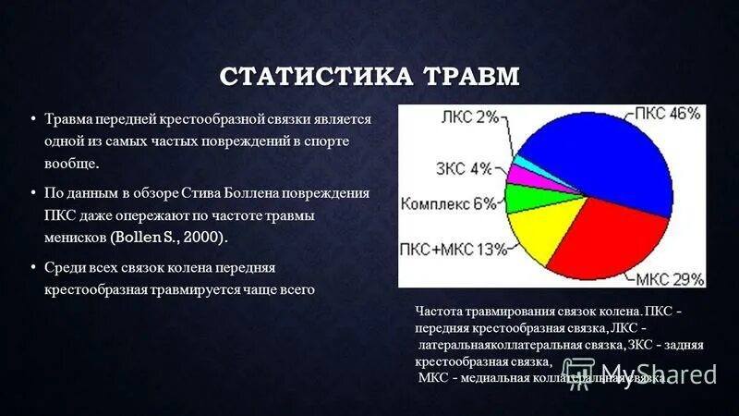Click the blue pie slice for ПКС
(x=600, y=157)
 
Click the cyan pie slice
(x=525, y=163)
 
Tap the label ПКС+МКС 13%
(x=441, y=248)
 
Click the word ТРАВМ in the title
(x=472, y=75)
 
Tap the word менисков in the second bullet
(x=75, y=238)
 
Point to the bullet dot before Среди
(x=33, y=266)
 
